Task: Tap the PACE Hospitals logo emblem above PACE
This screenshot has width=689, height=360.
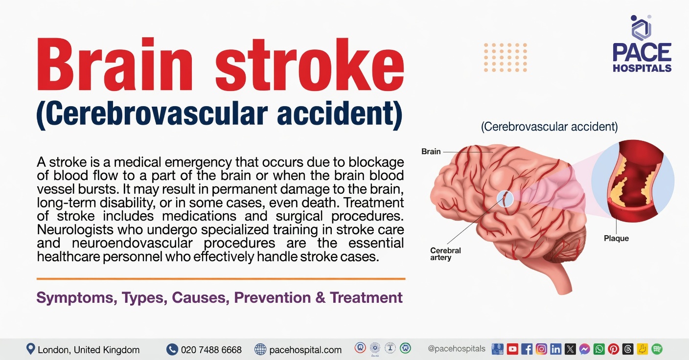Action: [x=641, y=27]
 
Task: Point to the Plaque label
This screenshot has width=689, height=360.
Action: [x=616, y=239]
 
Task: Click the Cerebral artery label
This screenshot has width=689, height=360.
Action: [x=445, y=254]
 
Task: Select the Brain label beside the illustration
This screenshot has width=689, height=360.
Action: [x=431, y=152]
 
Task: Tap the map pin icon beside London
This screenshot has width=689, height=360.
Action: [x=31, y=349]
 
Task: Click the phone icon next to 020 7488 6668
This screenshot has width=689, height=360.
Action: [x=172, y=349]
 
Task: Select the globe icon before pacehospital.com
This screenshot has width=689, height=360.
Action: [x=261, y=349]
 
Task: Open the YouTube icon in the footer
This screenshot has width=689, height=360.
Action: [x=512, y=349]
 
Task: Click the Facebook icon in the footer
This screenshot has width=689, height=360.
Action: [x=527, y=349]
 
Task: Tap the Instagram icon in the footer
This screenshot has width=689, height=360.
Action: [x=541, y=349]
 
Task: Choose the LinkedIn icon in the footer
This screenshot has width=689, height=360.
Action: [x=556, y=349]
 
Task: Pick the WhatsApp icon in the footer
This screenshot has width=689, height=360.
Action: [x=599, y=349]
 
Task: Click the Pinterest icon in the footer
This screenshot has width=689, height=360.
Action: [x=613, y=349]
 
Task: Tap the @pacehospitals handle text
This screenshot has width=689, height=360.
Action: [x=457, y=349]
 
